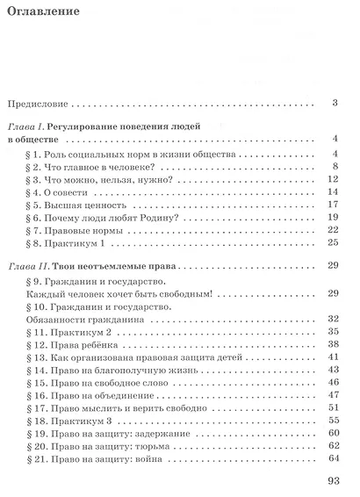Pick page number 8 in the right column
(335, 166)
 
